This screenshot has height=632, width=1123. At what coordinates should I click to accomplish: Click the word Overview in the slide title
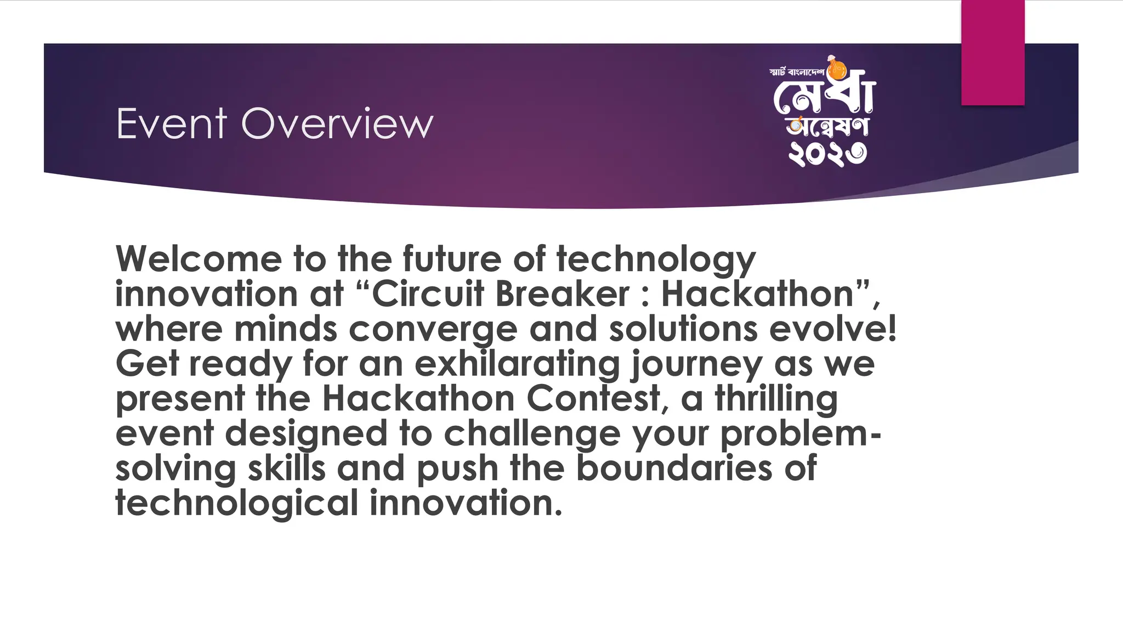point(337,124)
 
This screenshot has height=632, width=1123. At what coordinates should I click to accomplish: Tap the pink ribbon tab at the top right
point(992,53)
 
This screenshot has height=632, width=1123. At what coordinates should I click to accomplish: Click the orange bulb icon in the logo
point(837,70)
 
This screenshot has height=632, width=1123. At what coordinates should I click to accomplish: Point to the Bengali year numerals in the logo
point(827,154)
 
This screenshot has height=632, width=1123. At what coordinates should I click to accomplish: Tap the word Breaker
point(562,294)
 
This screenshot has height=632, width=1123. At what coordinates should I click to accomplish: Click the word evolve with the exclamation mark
point(833,329)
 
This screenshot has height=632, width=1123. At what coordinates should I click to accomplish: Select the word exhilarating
point(517,364)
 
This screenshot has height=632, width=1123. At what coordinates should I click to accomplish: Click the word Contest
point(598,398)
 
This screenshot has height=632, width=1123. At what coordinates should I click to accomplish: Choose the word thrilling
point(776,399)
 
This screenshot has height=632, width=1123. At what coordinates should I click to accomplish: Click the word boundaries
point(674,469)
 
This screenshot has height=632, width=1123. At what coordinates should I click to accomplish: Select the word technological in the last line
point(236,504)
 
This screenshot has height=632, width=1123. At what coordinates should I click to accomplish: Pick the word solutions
point(683,329)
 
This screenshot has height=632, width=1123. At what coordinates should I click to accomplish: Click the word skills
point(287,469)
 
